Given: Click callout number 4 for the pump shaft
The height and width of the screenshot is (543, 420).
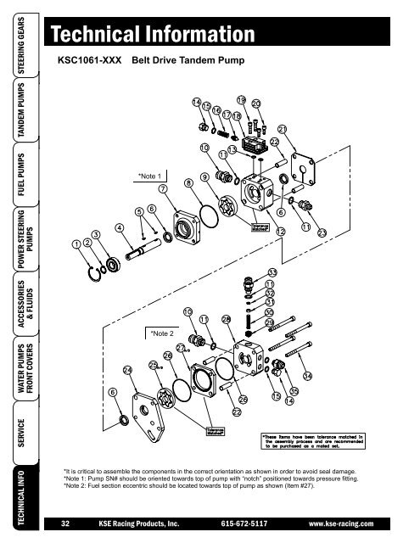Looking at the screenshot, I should tap(120, 227).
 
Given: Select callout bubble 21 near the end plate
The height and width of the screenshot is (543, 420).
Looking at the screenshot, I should tap(283, 129).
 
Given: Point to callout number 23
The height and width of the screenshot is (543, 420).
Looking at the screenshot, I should tap(322, 232).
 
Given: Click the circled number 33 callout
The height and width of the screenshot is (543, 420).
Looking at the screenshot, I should tap(272, 272).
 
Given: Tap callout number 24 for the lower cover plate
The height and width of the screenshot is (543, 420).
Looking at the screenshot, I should tap(127, 370).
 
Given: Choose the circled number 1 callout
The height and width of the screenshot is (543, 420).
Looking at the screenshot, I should tap(76, 244).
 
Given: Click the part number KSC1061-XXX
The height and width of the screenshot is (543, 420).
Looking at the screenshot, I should tap(87, 62).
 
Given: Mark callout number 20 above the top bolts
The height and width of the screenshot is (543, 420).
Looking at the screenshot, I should tap(255, 103).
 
